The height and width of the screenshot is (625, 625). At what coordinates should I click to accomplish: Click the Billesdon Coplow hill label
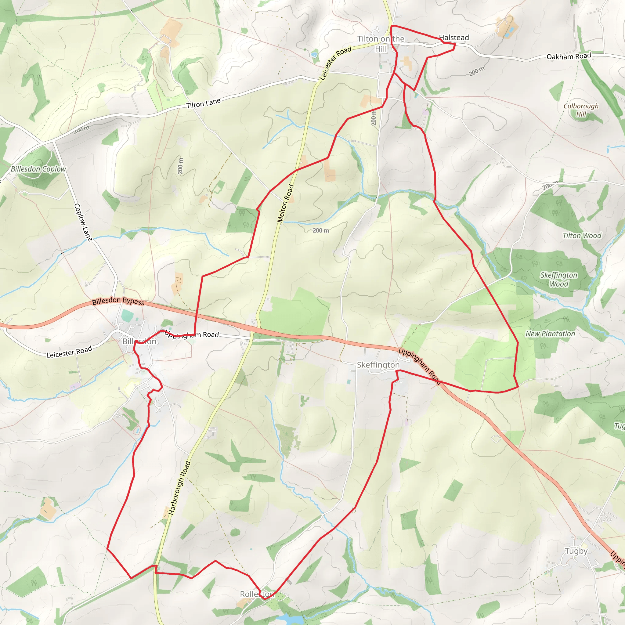coord(38,169)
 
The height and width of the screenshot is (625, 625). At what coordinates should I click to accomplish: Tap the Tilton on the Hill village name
coord(381,44)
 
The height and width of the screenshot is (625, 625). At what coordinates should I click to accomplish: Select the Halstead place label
coord(454,38)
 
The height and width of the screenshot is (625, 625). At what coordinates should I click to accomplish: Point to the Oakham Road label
coord(569,56)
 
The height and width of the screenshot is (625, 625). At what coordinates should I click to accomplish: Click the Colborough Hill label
coord(581,110)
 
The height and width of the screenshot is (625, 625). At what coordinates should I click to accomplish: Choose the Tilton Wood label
coord(582,236)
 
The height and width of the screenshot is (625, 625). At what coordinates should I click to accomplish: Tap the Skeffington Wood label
coord(559,280)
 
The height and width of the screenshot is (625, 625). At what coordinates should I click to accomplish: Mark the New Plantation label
coord(550,334)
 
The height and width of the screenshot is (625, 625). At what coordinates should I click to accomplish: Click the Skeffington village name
coord(378,365)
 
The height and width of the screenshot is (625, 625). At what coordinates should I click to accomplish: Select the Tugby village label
coord(576,551)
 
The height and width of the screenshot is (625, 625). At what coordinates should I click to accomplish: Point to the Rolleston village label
coord(257,594)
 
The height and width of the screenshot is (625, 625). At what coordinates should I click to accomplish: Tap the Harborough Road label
coord(179,488)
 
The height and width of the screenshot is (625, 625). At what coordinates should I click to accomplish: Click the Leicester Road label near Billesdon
coord(69,352)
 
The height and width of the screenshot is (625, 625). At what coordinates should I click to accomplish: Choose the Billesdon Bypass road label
coord(118,301)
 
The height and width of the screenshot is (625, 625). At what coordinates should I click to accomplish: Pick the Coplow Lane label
coord(83,222)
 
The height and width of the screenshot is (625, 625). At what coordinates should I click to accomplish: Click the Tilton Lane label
coord(203,103)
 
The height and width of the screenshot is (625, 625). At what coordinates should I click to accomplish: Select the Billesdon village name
coord(139,341)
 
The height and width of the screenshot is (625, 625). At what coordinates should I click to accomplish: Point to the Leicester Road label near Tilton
coord(335,63)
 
